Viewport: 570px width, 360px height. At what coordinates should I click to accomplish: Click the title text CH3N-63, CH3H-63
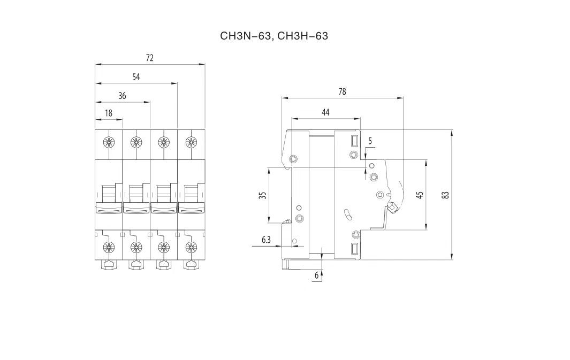pos(273,36)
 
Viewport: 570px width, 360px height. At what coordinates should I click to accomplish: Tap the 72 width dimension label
pos(150,58)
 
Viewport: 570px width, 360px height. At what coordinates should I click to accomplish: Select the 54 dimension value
pos(136,77)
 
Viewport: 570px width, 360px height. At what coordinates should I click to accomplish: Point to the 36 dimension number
pos(122,96)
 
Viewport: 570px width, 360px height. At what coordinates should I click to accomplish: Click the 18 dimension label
pos(109,113)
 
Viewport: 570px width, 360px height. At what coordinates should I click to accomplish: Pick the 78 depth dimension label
pos(342,91)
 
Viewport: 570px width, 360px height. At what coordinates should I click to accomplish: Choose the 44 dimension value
pos(326,112)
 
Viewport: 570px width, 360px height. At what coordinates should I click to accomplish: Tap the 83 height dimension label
pos(445,195)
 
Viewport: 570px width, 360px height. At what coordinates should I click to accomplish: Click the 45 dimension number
pos(420,195)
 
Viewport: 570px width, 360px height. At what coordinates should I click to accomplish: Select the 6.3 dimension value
pos(267,240)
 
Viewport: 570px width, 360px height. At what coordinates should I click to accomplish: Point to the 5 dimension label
pos(370,141)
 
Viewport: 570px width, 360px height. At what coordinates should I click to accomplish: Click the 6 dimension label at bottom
pos(317,275)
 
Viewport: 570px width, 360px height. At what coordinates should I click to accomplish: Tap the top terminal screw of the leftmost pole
pos(109,142)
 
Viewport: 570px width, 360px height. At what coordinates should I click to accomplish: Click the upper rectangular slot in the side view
pos(354,140)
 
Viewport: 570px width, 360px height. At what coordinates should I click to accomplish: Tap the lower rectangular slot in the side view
pos(354,249)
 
